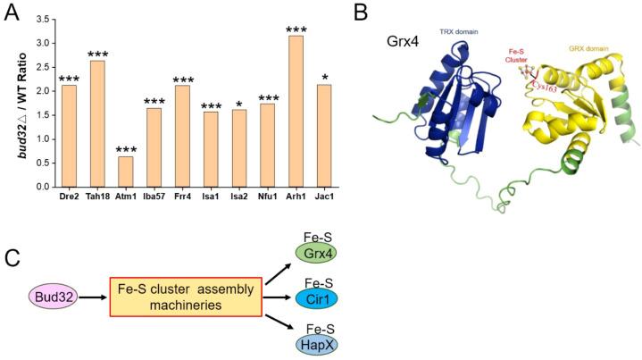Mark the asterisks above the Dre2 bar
click(69, 79)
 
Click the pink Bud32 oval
click(54, 297)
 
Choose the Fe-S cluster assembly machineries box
click(186, 297)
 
